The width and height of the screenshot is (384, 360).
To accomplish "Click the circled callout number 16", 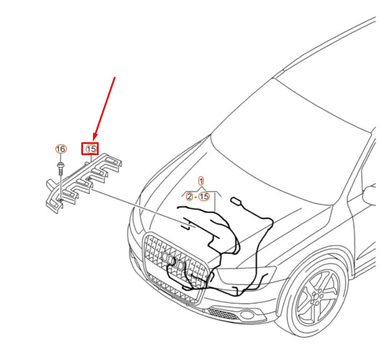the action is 61,149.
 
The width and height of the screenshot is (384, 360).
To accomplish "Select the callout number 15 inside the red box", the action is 91,149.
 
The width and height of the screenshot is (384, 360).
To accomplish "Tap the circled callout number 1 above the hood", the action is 201,181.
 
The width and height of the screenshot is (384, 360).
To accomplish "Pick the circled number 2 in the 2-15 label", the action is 189,197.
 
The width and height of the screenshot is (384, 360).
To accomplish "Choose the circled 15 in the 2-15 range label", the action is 204,197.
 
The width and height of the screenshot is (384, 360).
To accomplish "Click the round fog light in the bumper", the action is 246,314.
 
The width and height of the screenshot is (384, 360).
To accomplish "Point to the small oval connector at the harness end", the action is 236,201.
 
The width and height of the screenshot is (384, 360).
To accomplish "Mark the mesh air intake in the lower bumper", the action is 223,313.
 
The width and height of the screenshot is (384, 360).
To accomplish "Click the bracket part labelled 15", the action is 84,183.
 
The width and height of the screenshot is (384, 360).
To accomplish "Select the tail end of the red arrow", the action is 115,77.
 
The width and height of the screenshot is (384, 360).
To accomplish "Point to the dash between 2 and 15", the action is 196,197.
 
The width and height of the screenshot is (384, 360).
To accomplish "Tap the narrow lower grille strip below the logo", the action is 174,287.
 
